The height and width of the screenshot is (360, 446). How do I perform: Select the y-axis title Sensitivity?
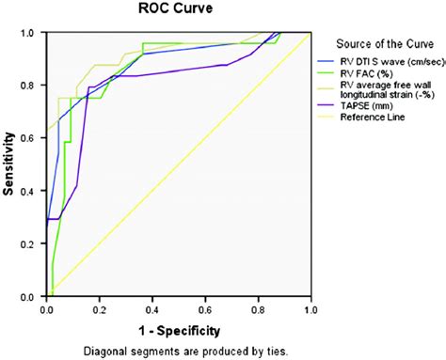(x=8, y=164)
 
